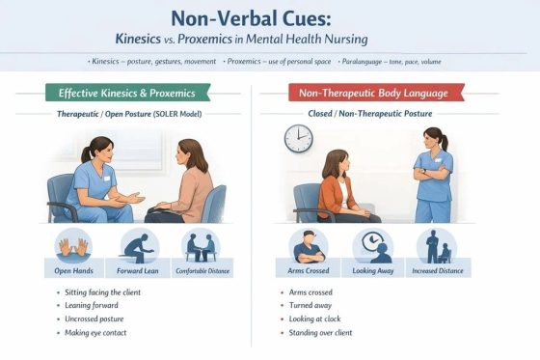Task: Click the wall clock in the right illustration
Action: click(x=298, y=138)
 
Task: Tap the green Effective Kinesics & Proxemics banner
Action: click(x=127, y=93)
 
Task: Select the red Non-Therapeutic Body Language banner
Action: click(x=375, y=93)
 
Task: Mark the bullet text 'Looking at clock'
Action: click(x=319, y=318)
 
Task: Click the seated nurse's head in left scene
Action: click(x=100, y=151)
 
